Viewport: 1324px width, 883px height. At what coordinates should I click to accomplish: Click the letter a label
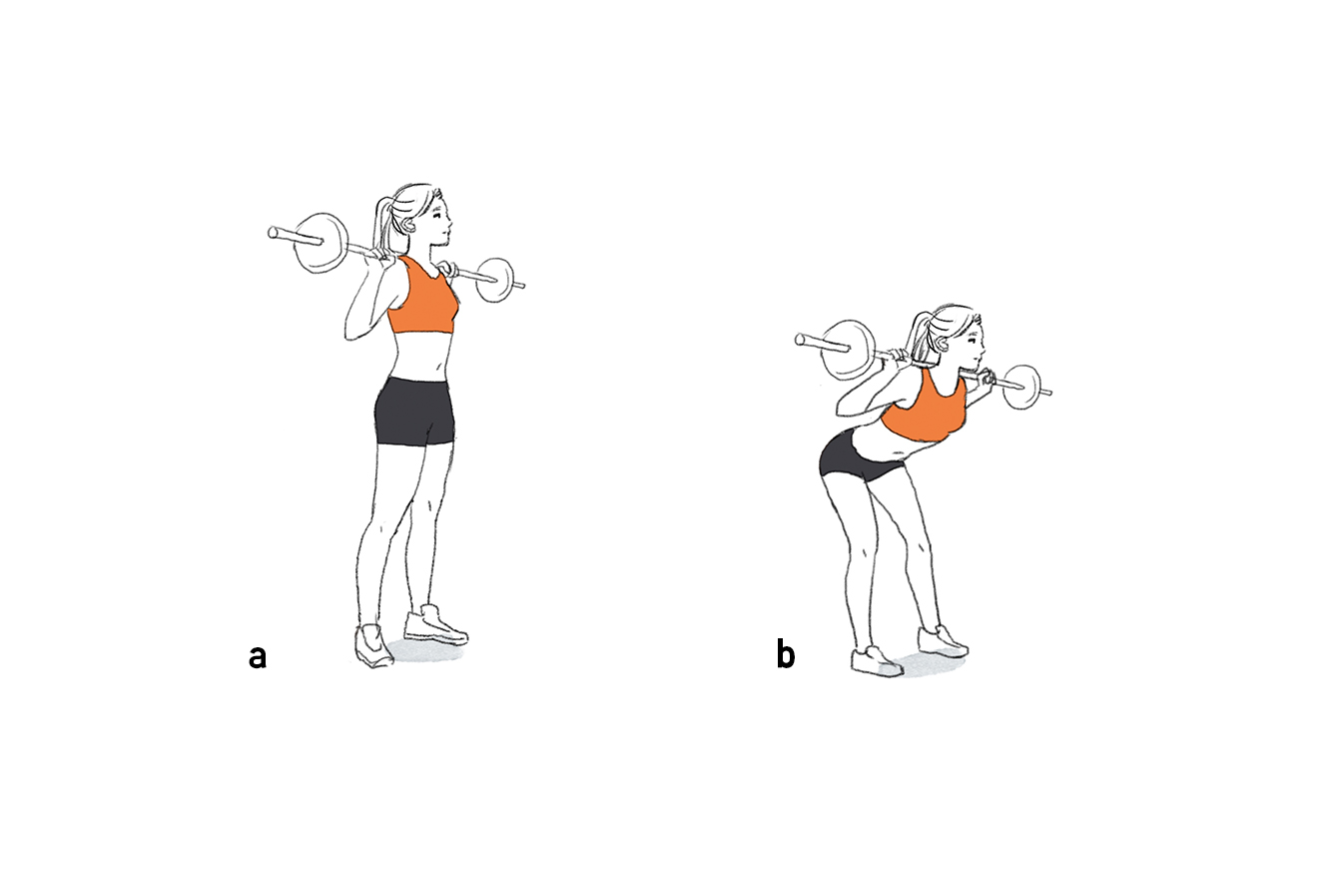tap(258, 656)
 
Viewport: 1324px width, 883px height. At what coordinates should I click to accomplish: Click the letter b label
tap(786, 655)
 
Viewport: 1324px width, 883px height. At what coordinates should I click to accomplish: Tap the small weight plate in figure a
tap(495, 280)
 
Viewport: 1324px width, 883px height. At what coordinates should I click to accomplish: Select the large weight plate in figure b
tap(848, 350)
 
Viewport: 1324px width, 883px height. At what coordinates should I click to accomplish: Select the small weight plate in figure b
tap(1021, 387)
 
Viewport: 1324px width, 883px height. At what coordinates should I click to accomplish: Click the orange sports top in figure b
tap(927, 410)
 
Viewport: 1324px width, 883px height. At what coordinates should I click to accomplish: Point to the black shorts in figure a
tap(413, 411)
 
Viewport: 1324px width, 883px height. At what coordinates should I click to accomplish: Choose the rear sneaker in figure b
tap(877, 660)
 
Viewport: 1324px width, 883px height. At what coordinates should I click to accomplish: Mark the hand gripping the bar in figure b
tap(987, 378)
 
